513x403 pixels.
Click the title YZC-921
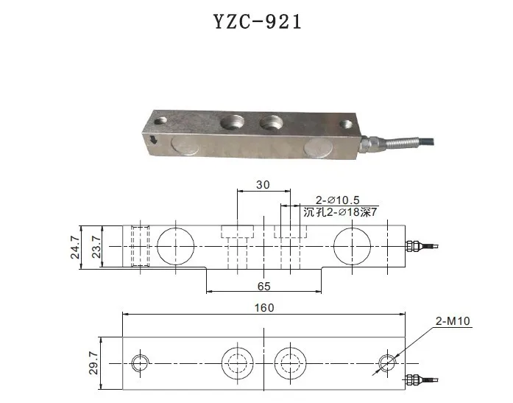coord(256,21)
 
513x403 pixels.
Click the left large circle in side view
coord(176,245)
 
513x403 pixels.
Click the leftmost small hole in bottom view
coord(140,362)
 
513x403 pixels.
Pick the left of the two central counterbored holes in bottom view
coord(237,362)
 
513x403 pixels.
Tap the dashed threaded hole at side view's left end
coord(139,245)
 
